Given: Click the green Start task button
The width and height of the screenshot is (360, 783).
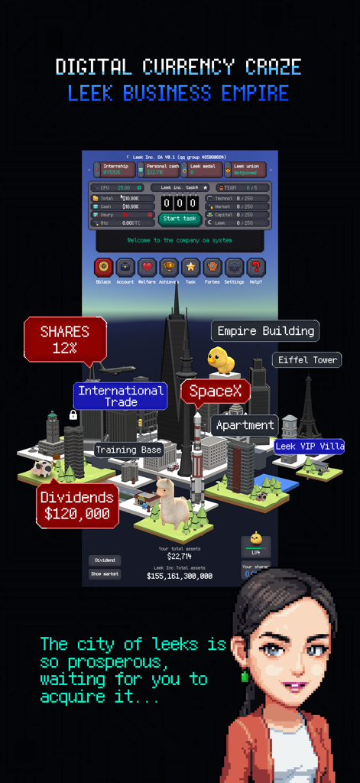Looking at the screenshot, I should pyautogui.click(x=180, y=219).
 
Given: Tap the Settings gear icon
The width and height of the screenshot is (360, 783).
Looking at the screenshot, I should pyautogui.click(x=234, y=268).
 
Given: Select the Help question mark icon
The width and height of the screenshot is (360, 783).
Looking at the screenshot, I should pyautogui.click(x=257, y=268).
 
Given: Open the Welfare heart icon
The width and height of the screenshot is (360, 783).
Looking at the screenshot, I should pyautogui.click(x=147, y=268).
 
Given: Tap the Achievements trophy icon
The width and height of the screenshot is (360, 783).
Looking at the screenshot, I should pyautogui.click(x=169, y=268).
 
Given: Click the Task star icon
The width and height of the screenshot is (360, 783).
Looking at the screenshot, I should pyautogui.click(x=190, y=268).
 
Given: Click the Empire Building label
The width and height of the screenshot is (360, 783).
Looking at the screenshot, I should pyautogui.click(x=265, y=331).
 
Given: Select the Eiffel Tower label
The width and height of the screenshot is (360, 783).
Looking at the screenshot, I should pyautogui.click(x=307, y=359).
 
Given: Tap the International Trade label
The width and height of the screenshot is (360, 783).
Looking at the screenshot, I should pyautogui.click(x=121, y=396).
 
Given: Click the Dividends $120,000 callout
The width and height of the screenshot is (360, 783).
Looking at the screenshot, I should pyautogui.click(x=77, y=505).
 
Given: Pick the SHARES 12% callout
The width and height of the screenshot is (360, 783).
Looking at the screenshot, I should pyautogui.click(x=65, y=339).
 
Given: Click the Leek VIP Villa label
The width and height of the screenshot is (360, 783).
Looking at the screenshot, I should pyautogui.click(x=309, y=446).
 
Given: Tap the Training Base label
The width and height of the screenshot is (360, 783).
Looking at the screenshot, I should pyautogui.click(x=128, y=450).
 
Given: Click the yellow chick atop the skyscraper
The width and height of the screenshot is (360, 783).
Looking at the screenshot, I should pyautogui.click(x=221, y=359).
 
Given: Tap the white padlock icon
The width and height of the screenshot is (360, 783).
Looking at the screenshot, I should pyautogui.click(x=73, y=415).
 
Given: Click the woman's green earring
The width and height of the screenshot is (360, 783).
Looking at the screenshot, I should pyautogui.click(x=245, y=677).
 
